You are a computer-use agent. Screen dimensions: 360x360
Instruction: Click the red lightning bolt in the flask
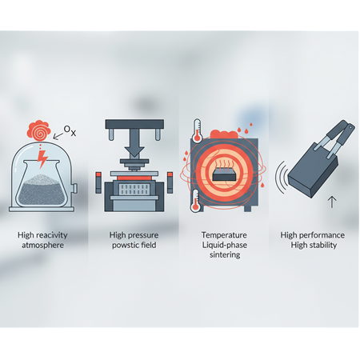pos(42,159)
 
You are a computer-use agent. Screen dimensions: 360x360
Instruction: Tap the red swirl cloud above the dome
pos(39,130)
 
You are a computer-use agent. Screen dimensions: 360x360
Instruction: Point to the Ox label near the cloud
pos(70,130)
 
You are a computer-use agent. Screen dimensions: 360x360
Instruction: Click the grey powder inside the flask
pos(42,190)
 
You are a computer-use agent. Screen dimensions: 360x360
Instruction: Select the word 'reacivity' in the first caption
pos(51,235)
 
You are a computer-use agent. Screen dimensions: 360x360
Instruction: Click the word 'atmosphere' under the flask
pos(42,245)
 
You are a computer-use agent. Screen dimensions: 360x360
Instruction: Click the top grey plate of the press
pos(134,124)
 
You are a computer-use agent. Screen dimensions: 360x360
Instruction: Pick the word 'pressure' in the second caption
pos(144,235)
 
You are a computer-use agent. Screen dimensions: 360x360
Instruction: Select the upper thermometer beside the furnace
pos(197,130)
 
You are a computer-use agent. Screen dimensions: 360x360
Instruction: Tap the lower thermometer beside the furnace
pos(196,201)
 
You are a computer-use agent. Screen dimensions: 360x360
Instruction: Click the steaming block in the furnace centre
pos(224,174)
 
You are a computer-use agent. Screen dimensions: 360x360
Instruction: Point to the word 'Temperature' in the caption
pos(224,235)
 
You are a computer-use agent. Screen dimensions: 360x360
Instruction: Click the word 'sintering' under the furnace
pos(225,254)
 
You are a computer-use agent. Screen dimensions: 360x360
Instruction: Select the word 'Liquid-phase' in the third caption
pos(225,245)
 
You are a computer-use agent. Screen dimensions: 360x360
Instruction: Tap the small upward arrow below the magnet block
pos(332,202)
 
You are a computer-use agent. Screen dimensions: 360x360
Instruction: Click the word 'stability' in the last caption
pos(322,245)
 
